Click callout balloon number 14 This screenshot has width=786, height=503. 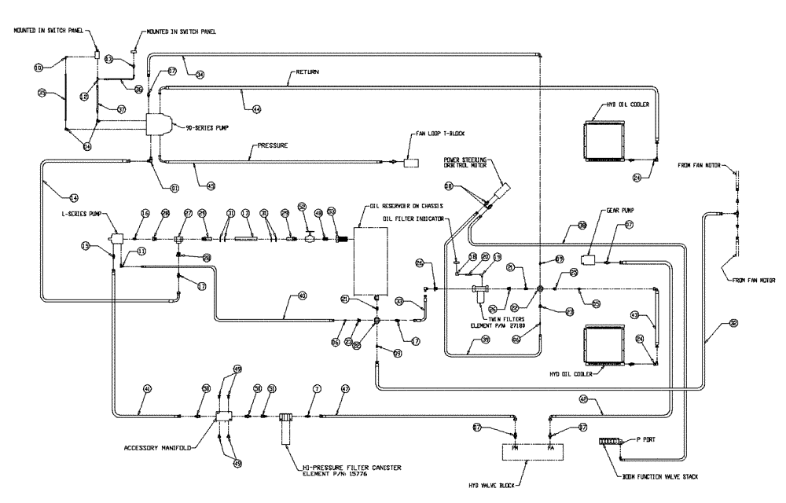click(74, 197)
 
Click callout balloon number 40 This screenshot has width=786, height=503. click(302, 296)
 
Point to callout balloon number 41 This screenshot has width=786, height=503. click(146, 388)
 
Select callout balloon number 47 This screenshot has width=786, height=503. click(344, 388)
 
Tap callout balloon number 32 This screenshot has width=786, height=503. click(733, 322)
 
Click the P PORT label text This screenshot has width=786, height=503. click(645, 442)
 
